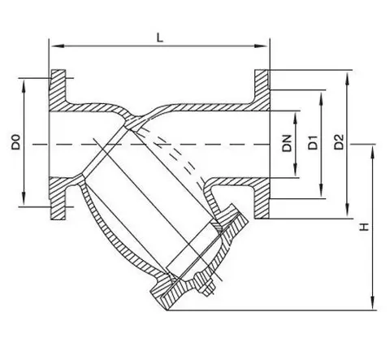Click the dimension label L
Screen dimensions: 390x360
(160, 38)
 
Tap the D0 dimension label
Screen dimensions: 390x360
(15, 141)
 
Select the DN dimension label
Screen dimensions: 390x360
(288, 143)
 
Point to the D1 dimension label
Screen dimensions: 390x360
(313, 142)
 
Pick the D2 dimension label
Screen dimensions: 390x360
(339, 142)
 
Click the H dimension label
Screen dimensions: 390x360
(365, 227)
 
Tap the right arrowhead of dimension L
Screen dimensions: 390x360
(261, 46)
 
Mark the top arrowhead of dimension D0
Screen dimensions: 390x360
(24, 86)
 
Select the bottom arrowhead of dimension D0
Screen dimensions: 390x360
(24, 199)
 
